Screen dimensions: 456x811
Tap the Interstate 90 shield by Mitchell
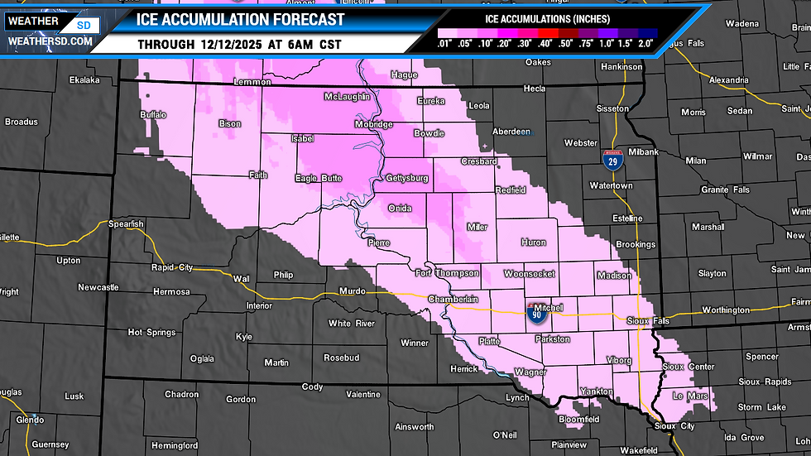pos(535,312)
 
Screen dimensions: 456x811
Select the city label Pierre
pos(378,242)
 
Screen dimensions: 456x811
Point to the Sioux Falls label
pos(648,320)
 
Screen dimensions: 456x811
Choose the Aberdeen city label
pos(511,132)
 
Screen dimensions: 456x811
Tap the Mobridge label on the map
pos(374,124)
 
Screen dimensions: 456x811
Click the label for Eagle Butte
pos(318,178)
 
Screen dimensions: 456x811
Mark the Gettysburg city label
pos(407,178)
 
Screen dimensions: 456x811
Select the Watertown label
pos(611,186)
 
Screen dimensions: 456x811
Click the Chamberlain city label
pos(453,299)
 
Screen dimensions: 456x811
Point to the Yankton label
pos(596,391)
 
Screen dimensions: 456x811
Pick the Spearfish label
pos(127,224)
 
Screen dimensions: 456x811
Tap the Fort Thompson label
pos(447,273)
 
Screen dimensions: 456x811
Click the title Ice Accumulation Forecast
pos(228,20)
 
